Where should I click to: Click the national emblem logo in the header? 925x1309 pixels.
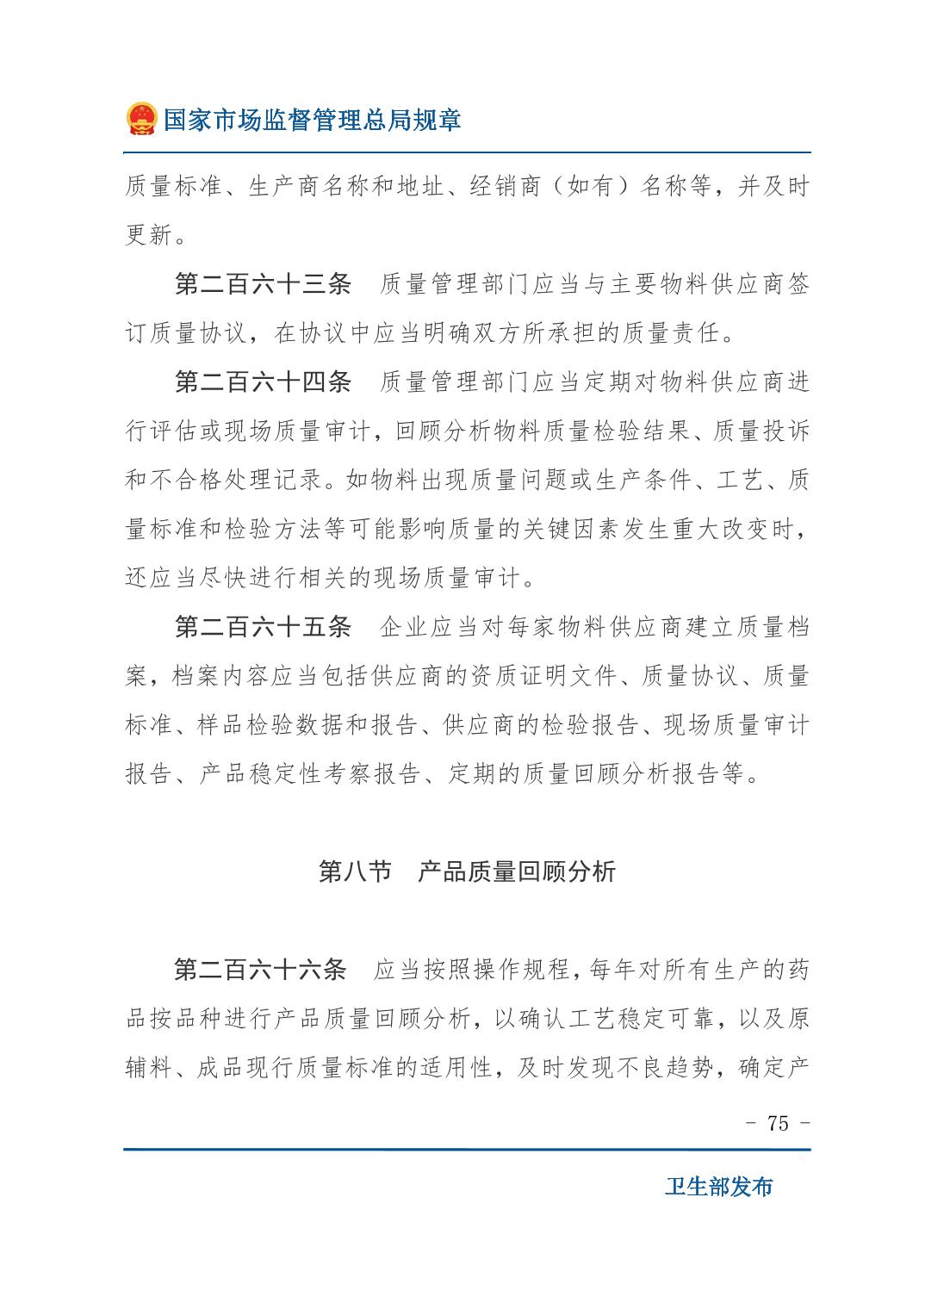click(x=140, y=119)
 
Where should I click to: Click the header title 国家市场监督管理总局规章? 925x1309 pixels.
click(x=312, y=120)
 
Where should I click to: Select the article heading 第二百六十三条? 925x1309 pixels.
click(x=263, y=285)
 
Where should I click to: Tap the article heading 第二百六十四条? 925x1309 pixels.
click(x=263, y=382)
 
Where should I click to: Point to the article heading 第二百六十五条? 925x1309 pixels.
click(x=263, y=627)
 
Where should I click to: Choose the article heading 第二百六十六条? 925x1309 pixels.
click(x=260, y=970)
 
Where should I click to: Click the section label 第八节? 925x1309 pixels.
click(x=355, y=872)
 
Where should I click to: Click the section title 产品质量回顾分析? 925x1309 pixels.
click(x=517, y=872)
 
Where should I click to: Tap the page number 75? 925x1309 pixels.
click(x=777, y=1124)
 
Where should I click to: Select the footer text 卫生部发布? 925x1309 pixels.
click(x=718, y=1187)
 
